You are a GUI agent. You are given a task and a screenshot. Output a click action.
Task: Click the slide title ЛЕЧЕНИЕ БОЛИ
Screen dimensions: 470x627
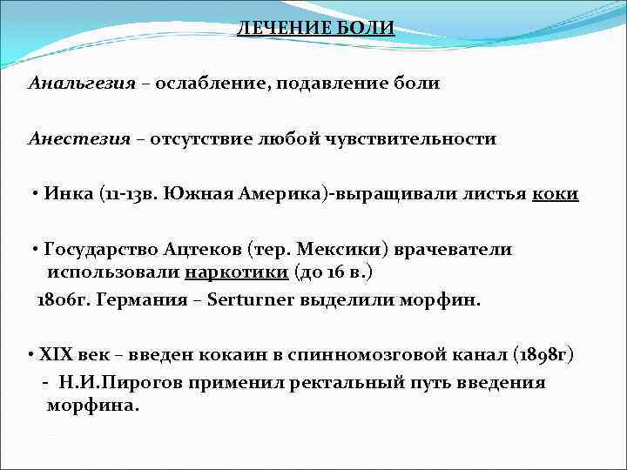[316, 29]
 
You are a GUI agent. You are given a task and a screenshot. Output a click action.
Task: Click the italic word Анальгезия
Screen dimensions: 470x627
[82, 84]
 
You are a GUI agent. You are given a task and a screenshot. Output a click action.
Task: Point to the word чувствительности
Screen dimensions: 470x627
[422, 138]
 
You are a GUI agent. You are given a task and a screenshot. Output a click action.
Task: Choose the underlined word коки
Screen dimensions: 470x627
[555, 193]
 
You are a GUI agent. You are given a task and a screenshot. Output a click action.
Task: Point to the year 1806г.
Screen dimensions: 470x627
[62, 299]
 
